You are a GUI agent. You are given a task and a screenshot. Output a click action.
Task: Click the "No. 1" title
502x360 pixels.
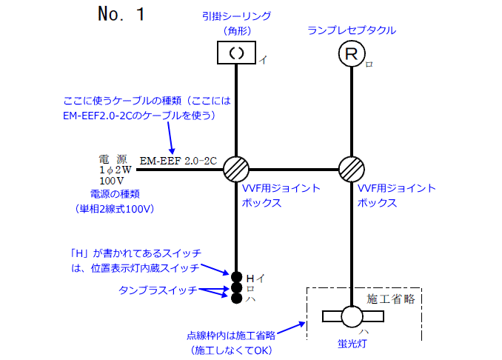(122, 15)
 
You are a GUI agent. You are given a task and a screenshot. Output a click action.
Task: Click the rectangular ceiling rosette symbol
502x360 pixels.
(236, 53)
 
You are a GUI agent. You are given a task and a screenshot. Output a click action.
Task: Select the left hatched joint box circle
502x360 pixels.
(236, 168)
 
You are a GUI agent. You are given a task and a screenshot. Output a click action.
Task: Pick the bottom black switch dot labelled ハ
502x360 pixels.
(236, 299)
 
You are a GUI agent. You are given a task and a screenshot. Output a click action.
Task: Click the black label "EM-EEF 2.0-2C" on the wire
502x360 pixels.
(178, 160)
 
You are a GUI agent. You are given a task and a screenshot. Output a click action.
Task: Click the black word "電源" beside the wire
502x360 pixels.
(113, 159)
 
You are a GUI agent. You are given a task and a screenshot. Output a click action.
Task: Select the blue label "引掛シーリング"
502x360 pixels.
(237, 16)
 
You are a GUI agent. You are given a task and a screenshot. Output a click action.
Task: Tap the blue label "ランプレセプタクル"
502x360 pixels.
(352, 30)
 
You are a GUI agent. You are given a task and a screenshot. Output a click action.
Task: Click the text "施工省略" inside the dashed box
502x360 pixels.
(390, 299)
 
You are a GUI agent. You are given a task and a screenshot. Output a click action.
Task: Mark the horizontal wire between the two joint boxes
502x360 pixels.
(295, 168)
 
